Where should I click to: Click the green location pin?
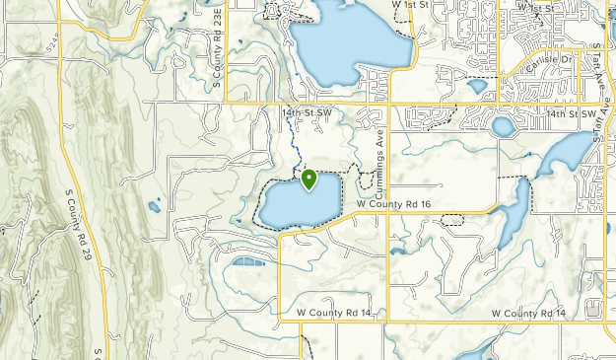[x=308, y=180]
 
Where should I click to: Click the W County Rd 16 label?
[x=394, y=204]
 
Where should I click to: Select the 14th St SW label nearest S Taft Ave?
[x=573, y=114]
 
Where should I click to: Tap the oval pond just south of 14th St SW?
[x=503, y=126]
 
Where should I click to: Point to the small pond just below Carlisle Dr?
[x=477, y=86]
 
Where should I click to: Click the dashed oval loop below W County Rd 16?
[x=451, y=220]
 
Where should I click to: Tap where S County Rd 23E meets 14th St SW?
[x=225, y=103]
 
